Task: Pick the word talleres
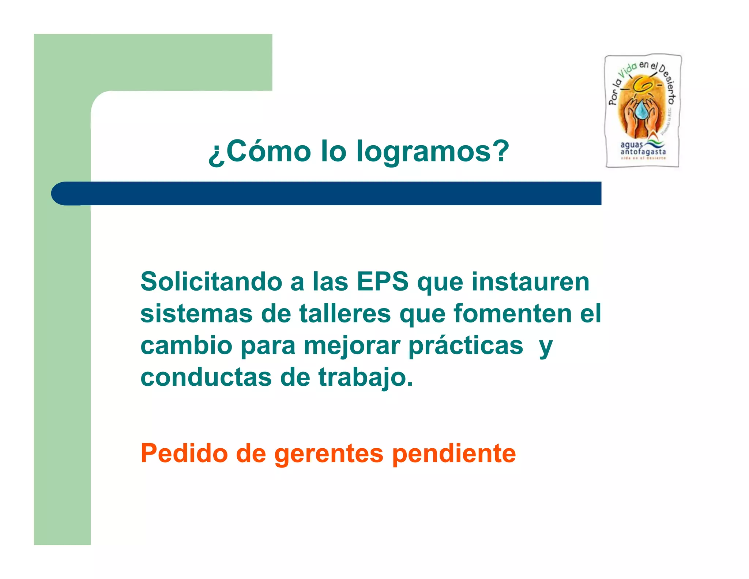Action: pos(345,314)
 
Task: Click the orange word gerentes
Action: pos(329,453)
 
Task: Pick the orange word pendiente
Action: pos(454,453)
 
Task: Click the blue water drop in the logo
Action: pos(641,110)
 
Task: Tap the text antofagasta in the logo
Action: pos(643,152)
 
